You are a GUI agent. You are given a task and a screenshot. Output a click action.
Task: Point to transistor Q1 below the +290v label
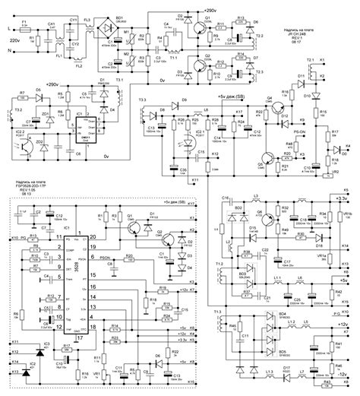click(x=199, y=30)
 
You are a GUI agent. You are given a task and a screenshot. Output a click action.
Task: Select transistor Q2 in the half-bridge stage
click(x=199, y=67)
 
